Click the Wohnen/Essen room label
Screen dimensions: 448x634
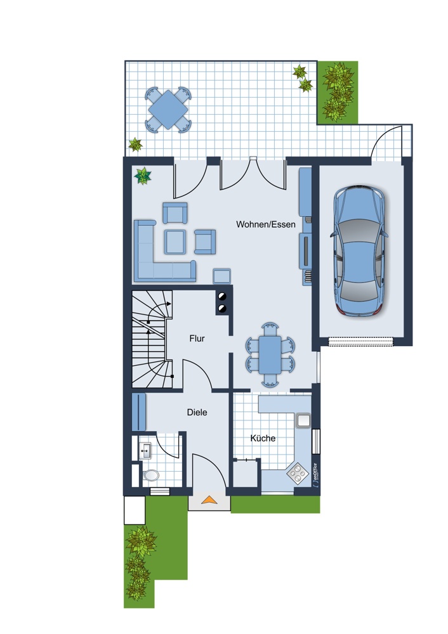coord(265,224)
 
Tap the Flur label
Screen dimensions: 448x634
coord(197,339)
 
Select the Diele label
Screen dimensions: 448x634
coord(197,413)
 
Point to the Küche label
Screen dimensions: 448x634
coord(263,438)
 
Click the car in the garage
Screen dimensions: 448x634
coord(359,250)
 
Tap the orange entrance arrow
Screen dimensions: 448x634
coord(209,500)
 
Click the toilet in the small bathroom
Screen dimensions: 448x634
coord(151,475)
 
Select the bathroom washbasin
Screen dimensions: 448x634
coord(145,450)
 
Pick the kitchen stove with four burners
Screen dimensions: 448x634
coord(298,473)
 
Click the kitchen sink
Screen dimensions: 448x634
coord(303,420)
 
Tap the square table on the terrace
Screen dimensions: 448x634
coord(168,110)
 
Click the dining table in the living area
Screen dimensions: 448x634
coord(270,354)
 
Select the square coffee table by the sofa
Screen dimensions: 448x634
coord(175,242)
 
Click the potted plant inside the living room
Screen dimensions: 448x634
coord(143,176)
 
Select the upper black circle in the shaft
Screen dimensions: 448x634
coord(221,296)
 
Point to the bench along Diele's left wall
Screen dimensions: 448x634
coord(139,411)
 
